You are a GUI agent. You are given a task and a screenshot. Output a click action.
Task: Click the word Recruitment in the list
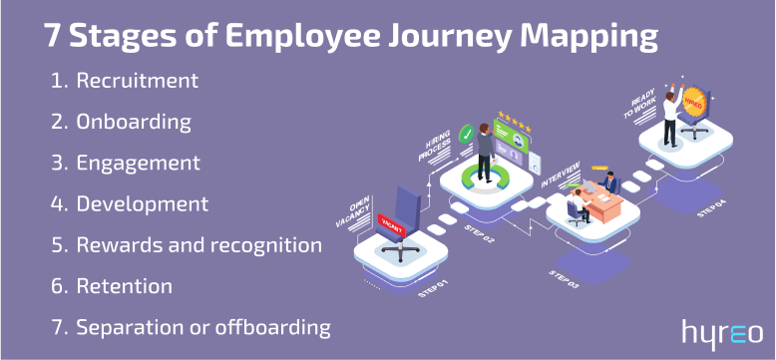point(138,80)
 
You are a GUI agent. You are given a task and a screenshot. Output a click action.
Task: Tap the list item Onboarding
point(134,122)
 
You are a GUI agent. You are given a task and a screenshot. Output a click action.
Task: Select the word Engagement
point(139,163)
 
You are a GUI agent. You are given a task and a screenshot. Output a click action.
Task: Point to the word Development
point(143,203)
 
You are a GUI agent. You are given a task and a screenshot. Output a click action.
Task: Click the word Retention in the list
point(125,285)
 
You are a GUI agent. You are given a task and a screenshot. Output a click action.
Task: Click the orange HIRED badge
point(695,101)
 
